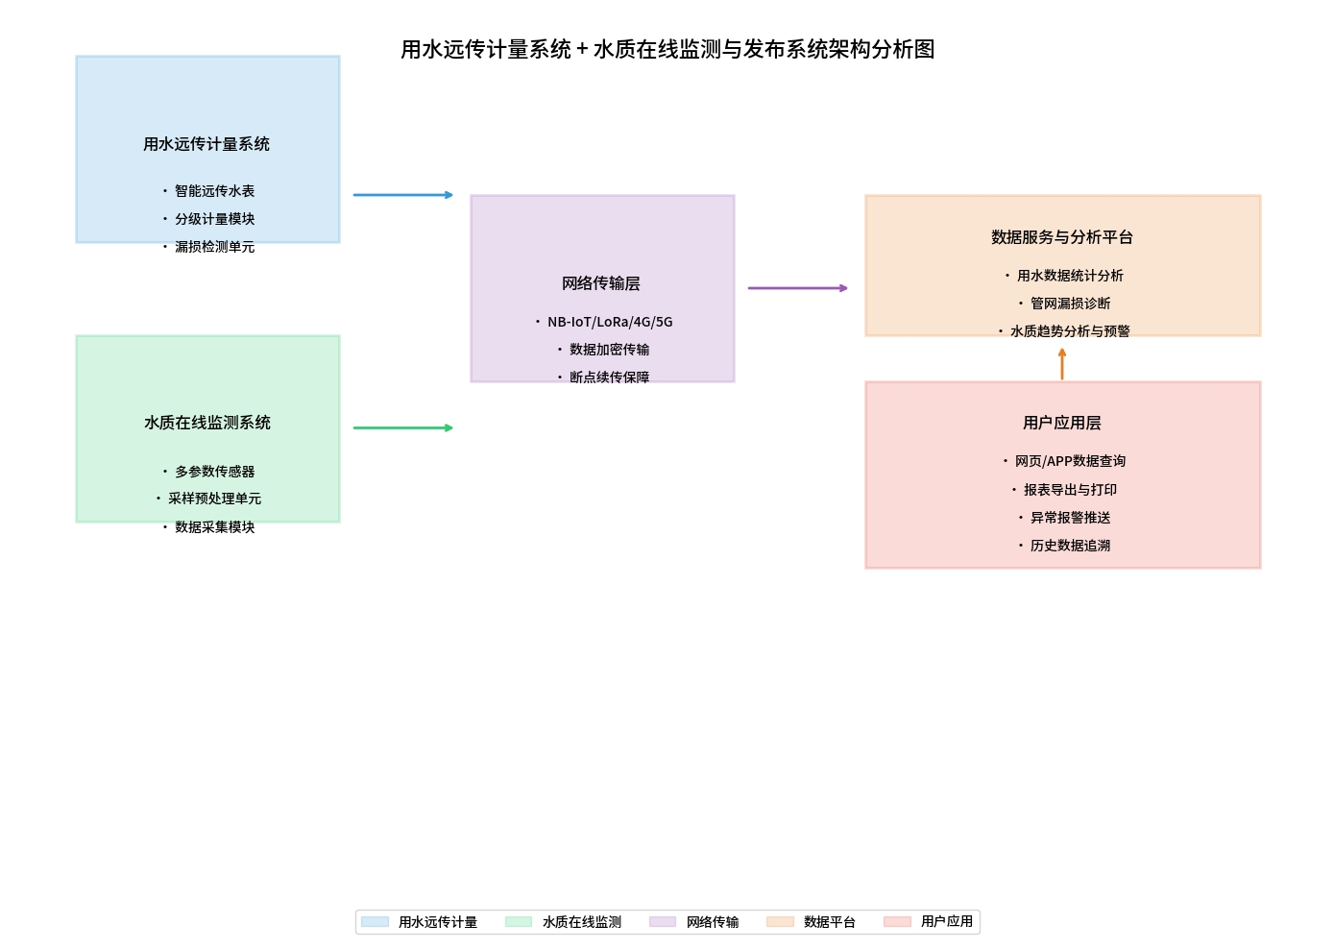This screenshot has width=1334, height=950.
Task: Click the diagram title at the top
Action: tap(667, 49)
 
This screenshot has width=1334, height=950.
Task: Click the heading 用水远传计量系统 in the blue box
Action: tap(206, 144)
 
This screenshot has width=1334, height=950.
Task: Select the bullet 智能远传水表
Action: tap(214, 191)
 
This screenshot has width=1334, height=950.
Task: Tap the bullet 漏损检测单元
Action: tap(214, 247)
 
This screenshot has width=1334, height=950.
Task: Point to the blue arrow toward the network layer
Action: tap(402, 195)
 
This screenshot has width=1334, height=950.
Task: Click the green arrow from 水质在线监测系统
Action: tap(402, 427)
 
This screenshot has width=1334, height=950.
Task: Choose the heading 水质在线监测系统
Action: tap(207, 423)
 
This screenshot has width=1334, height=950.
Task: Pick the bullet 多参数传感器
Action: tap(214, 472)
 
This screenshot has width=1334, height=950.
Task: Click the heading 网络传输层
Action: tap(601, 283)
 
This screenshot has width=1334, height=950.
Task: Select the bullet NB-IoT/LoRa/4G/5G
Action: tap(610, 322)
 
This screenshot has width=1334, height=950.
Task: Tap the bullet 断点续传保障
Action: tap(609, 378)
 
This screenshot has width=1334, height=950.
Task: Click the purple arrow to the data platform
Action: tap(797, 288)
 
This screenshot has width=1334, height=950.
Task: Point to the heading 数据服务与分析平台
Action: tap(1062, 237)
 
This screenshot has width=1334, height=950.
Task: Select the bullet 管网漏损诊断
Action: tap(1070, 304)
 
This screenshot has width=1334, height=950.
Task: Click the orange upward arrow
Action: tap(1062, 363)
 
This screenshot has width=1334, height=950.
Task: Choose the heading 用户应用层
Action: tap(1062, 423)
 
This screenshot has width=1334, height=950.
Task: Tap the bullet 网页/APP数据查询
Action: tap(1070, 461)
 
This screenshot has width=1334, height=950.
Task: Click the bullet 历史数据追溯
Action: tap(1070, 546)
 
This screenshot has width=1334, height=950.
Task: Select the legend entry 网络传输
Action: tap(712, 922)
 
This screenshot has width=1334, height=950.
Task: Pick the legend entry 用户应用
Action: tap(946, 921)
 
